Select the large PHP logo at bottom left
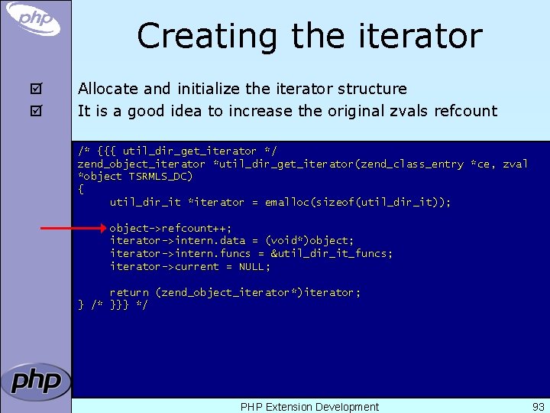click(x=35, y=381)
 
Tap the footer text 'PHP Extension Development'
click(x=309, y=407)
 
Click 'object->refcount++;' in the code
click(x=170, y=228)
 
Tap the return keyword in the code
click(x=129, y=292)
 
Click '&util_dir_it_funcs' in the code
click(x=330, y=253)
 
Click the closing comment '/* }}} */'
click(x=119, y=305)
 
